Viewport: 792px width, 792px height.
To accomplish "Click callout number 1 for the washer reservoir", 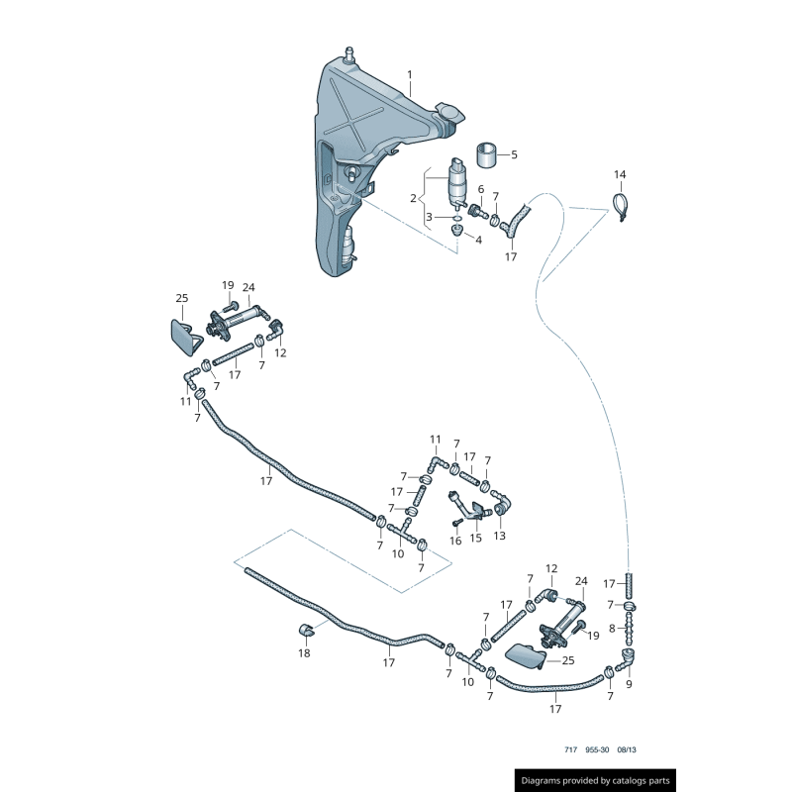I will coord(410,75).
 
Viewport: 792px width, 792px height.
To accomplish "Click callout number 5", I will coord(514,154).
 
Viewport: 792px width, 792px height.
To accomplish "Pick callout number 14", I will coord(620,175).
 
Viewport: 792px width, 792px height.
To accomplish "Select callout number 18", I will coord(304,653).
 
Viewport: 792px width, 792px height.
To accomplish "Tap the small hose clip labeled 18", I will coord(306,630).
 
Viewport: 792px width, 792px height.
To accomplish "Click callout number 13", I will coord(499,536).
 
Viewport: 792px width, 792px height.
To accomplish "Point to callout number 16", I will coord(455,541).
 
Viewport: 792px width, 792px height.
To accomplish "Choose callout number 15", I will coord(475,539).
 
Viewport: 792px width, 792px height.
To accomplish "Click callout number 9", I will coord(628,683).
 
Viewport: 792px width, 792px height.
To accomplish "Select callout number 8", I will coord(612,629).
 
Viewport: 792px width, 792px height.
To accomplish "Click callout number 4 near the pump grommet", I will coord(478,240).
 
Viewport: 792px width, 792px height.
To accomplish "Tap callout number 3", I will coord(430,217).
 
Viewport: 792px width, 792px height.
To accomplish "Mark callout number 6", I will coord(481,189).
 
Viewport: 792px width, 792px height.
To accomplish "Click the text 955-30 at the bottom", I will coord(598,750).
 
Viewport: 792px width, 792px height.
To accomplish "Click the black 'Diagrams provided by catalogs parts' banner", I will coord(596,781).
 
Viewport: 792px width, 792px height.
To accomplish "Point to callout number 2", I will coord(413,198).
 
